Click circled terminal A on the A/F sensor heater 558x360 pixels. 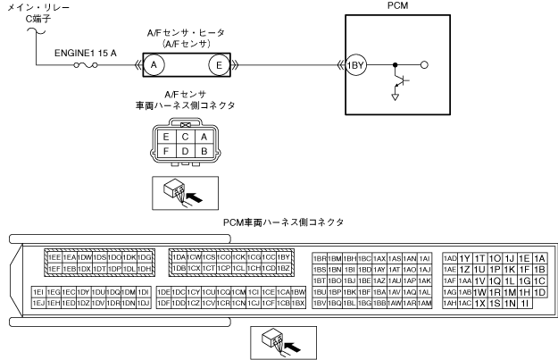pyautogui.click(x=154, y=64)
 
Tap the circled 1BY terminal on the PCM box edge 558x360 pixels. pyautogui.click(x=357, y=64)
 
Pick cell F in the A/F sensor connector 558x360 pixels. pyautogui.click(x=165, y=152)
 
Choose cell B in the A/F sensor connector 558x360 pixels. pyautogui.click(x=204, y=152)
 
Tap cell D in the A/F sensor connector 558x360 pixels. pyautogui.click(x=185, y=152)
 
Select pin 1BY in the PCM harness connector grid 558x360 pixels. pyautogui.click(x=285, y=257)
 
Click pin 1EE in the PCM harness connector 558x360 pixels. pyautogui.click(x=54, y=257)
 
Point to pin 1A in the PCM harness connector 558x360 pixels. pyautogui.click(x=538, y=257)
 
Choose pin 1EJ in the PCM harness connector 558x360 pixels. pyautogui.click(x=38, y=304)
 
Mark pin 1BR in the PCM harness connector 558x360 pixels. pyautogui.click(x=321, y=257)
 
